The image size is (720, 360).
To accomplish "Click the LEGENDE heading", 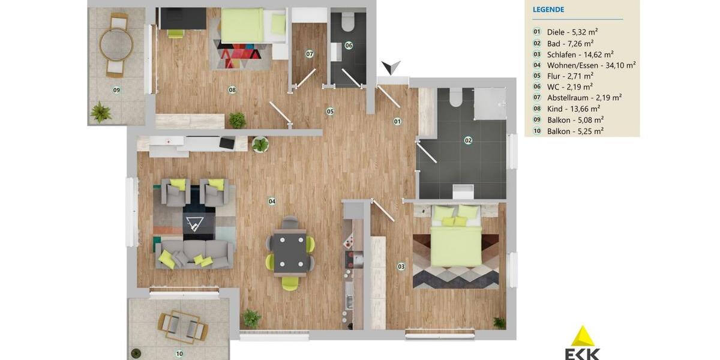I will (x=548, y=10).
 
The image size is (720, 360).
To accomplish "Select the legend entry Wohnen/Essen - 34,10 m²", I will (x=591, y=65).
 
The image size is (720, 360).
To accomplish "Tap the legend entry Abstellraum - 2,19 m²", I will (x=584, y=98).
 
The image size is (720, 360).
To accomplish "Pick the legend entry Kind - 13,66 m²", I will (x=573, y=109).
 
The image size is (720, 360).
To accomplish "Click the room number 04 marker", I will (x=272, y=202).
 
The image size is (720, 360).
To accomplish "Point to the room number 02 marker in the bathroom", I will (x=468, y=140).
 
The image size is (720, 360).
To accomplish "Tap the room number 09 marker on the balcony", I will (x=116, y=90).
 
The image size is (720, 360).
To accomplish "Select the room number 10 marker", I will (x=179, y=353).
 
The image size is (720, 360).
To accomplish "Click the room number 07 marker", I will (x=310, y=54).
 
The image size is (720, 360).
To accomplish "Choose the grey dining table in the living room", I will (x=290, y=253).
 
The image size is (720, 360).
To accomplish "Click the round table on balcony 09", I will (x=116, y=44).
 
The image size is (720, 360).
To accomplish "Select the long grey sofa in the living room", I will (x=194, y=254).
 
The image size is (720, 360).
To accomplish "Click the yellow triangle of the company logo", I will (x=582, y=337).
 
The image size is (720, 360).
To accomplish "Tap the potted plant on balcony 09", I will (x=100, y=112).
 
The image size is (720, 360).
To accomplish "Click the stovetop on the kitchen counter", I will (x=349, y=259).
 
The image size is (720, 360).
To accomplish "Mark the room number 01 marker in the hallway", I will (x=397, y=121).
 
